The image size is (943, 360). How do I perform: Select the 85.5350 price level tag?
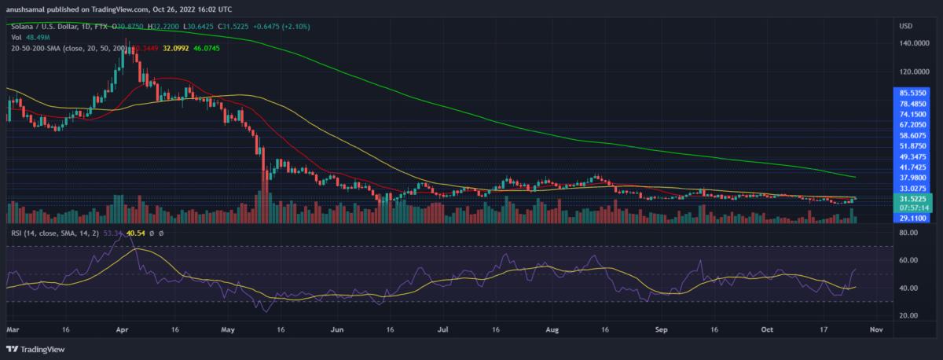915,93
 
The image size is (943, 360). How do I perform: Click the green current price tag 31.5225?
915,199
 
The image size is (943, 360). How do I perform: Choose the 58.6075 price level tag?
915,135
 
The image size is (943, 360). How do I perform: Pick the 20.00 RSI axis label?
909,315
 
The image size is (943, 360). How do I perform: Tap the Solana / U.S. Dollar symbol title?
47,26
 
